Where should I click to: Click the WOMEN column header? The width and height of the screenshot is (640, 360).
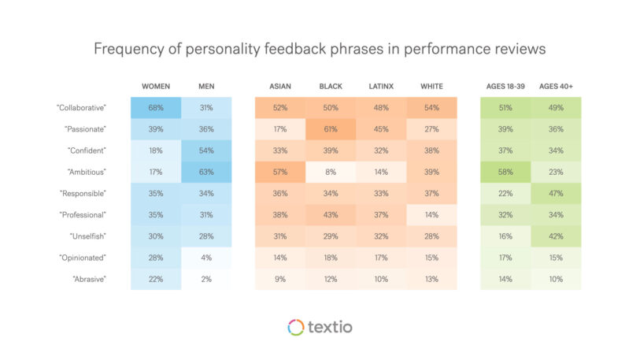coord(156,86)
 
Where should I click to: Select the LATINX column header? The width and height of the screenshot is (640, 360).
coord(381,86)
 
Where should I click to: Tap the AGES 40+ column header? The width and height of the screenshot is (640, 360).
coord(556,86)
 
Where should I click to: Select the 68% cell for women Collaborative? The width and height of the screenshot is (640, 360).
coord(156,107)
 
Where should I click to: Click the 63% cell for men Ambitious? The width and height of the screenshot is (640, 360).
coord(206,171)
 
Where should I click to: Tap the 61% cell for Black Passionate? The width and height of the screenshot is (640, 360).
coord(331,128)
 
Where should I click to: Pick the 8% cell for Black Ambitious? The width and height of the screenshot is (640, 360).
coord(331,171)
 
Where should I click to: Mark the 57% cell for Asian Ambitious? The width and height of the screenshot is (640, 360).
coord(280,171)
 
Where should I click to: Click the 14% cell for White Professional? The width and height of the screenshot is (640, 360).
coord(431,213)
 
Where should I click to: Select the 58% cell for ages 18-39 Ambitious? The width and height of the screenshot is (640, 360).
coord(505,171)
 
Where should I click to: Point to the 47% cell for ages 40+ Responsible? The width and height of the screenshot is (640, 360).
coord(556,192)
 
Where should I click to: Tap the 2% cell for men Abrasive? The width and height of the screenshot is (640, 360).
coord(206,278)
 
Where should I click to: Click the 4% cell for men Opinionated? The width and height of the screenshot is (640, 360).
coord(206,257)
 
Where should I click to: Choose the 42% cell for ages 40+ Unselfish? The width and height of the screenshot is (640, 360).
coord(556,236)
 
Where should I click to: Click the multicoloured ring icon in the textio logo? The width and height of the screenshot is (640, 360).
coord(295,327)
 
